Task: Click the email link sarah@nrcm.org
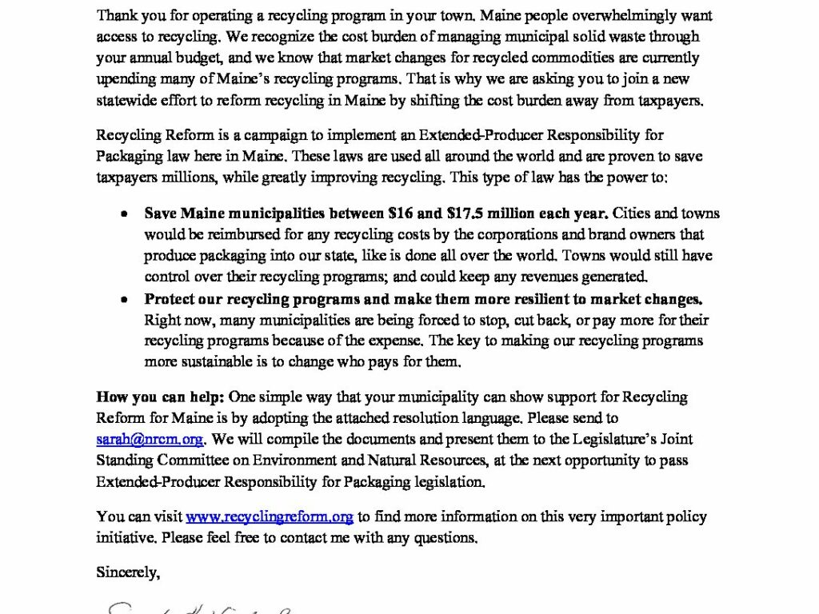point(150,439)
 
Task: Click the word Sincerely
point(128,572)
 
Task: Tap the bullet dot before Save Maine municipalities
point(124,214)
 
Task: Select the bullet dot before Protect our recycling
point(124,300)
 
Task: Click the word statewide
point(126,101)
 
